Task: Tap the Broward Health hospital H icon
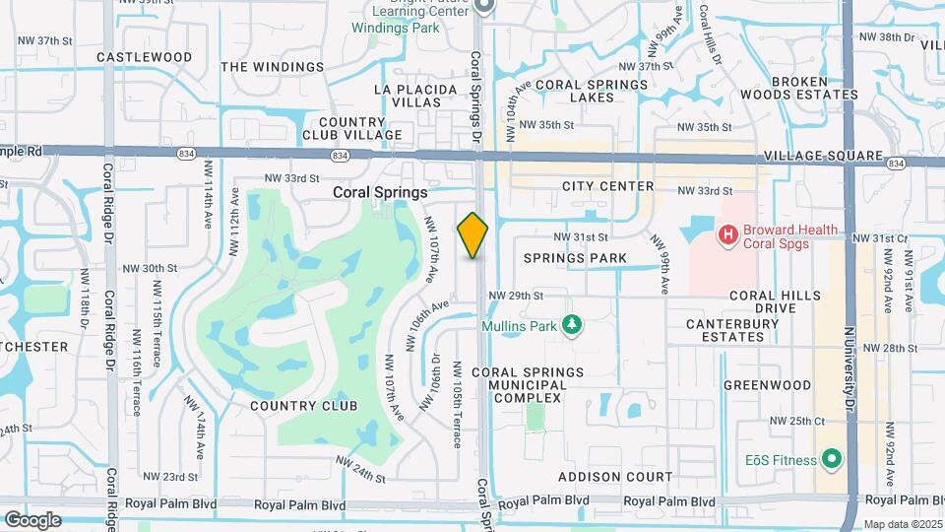(728, 234)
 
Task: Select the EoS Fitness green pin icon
(833, 459)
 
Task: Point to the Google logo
(31, 519)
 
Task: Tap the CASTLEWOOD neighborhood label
(145, 57)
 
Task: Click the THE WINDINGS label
(273, 67)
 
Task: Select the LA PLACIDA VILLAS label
(415, 96)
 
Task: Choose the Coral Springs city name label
(380, 193)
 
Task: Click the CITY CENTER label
(607, 186)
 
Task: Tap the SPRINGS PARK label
(575, 258)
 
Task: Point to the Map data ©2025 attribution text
(900, 524)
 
